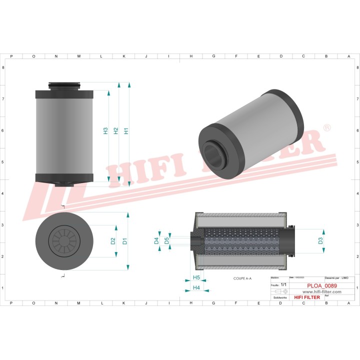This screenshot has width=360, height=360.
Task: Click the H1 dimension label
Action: click(126, 131)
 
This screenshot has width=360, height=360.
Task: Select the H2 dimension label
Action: click(116, 131)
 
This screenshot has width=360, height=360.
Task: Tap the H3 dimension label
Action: click(105, 131)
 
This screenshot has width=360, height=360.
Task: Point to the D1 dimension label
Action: click(125, 240)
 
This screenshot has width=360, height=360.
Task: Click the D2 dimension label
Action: click(113, 240)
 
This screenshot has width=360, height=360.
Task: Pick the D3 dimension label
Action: click(320, 241)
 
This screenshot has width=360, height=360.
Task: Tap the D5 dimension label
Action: click(166, 240)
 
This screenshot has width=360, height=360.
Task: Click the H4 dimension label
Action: click(196, 288)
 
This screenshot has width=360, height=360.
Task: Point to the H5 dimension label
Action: click(196, 277)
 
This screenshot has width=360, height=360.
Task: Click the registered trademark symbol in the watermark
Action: click(327, 128)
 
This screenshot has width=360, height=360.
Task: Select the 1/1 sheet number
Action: click(284, 284)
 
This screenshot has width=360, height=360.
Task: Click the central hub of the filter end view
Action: click(64, 240)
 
